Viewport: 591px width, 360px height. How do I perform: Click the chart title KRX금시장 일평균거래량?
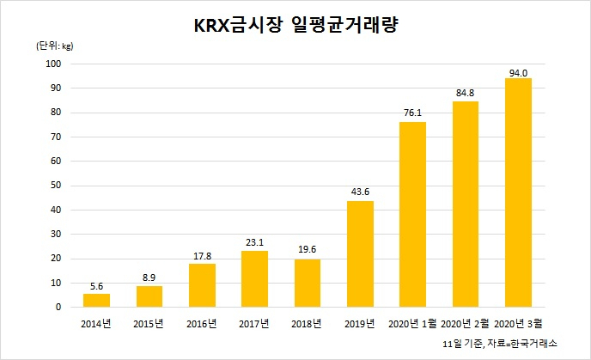pyautogui.click(x=295, y=25)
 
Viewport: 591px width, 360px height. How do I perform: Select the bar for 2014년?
pyautogui.click(x=96, y=301)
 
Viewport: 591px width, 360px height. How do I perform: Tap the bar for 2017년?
pyautogui.click(x=254, y=279)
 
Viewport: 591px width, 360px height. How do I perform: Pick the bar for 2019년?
pyautogui.click(x=360, y=254)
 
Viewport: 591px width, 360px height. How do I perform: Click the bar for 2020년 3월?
pyautogui.click(x=518, y=192)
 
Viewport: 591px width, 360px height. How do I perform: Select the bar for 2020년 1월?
pyautogui.click(x=412, y=215)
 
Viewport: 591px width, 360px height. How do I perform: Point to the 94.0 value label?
pyautogui.click(x=518, y=73)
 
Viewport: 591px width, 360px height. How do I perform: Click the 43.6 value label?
pyautogui.click(x=360, y=192)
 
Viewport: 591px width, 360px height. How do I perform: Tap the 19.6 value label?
pyautogui.click(x=308, y=249)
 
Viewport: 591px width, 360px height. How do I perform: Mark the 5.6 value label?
pyautogui.click(x=96, y=286)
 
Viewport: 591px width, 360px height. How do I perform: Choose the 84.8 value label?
pyautogui.click(x=465, y=93)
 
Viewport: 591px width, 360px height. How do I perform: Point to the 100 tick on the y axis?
pyautogui.click(x=53, y=64)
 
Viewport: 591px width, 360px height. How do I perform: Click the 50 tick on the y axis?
pyautogui.click(x=55, y=186)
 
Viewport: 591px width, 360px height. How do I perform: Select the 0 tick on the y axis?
pyautogui.click(x=58, y=308)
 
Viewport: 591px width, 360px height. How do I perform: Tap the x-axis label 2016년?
pyautogui.click(x=202, y=324)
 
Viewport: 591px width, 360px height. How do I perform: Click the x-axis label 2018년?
pyautogui.click(x=307, y=324)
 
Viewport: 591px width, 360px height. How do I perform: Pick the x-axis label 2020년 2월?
pyautogui.click(x=465, y=324)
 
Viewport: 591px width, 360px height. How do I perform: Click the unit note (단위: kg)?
pyautogui.click(x=55, y=46)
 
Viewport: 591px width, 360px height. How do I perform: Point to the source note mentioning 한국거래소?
pyautogui.click(x=500, y=344)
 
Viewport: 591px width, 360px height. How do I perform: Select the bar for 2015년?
pyautogui.click(x=149, y=296)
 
